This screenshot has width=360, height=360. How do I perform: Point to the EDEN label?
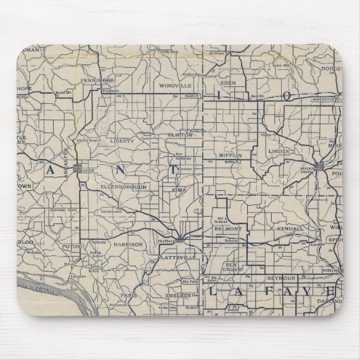tap(228, 84)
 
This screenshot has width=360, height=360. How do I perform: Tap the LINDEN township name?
tap(278, 149)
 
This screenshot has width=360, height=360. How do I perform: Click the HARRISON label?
tap(128, 243)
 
